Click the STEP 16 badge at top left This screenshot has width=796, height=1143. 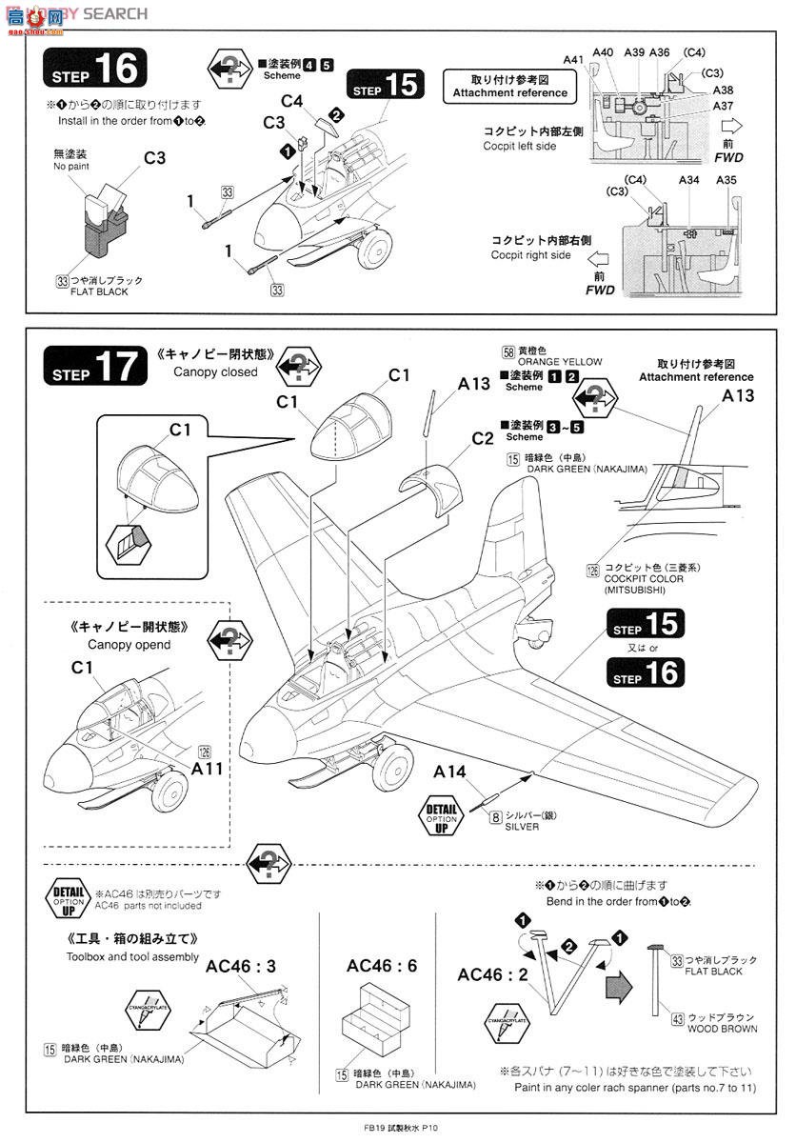[96, 69]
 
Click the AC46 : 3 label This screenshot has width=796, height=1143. [241, 966]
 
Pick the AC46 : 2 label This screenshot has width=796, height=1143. [492, 974]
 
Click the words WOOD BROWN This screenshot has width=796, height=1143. [722, 1029]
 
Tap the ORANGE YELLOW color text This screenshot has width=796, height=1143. [561, 362]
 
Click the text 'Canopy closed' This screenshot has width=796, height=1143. [215, 372]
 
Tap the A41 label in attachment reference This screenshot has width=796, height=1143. [572, 59]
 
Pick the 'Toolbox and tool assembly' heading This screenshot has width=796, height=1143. [132, 956]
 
